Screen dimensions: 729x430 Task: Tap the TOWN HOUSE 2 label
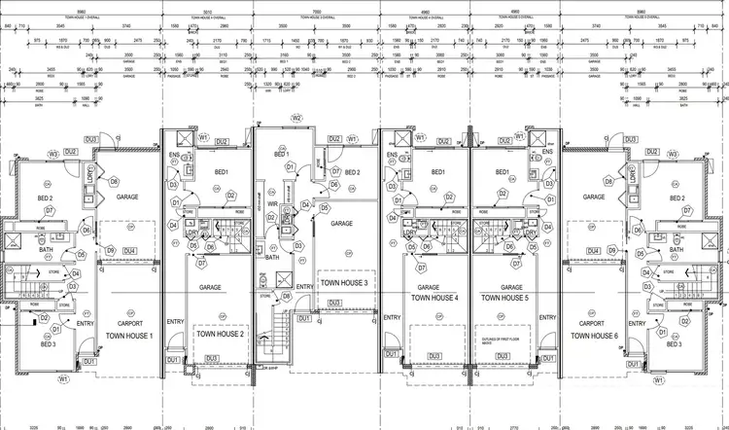tap(220, 334)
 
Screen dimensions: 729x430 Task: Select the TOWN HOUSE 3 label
tap(343, 282)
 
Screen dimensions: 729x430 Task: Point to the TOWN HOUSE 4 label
tap(434, 299)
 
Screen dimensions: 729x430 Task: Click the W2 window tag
tap(296, 120)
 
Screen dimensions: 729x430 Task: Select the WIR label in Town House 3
tap(274, 204)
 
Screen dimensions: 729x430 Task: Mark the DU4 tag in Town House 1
tap(130, 252)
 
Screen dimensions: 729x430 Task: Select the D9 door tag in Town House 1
tap(111, 251)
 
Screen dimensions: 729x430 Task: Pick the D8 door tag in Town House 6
tap(608, 181)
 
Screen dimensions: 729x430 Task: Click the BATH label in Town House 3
tap(272, 258)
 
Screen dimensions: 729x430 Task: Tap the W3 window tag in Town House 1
tap(52, 154)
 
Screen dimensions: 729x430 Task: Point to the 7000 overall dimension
tap(316, 17)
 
